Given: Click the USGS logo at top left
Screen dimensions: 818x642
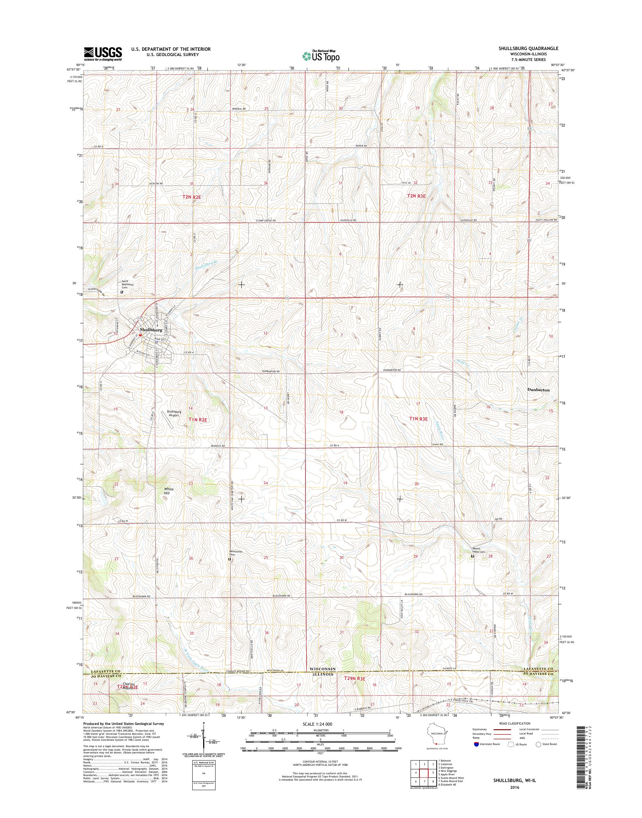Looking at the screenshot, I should click(103, 53).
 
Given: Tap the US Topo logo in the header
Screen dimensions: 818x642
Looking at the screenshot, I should click(321, 56).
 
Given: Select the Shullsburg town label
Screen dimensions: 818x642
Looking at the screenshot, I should click(151, 330).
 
